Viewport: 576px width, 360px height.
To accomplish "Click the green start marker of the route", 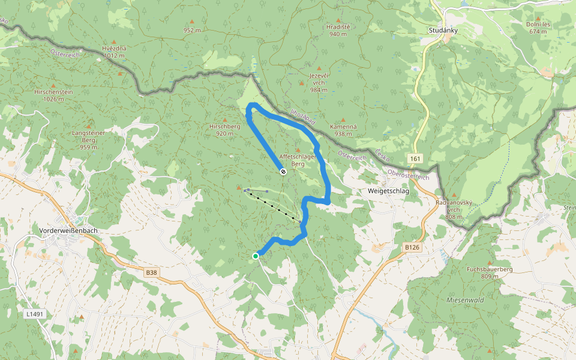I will coord(256,256).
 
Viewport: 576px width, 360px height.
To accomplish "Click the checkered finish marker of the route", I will coord(283,172).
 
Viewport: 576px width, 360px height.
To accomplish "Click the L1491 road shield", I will coord(34,314).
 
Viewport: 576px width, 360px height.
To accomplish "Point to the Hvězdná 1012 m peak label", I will coord(113,52).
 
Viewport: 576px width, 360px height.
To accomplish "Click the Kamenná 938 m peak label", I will coord(343,130).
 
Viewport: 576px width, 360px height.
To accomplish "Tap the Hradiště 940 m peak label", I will coord(338,30).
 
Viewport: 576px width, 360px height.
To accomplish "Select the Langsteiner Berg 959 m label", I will coord(88,139).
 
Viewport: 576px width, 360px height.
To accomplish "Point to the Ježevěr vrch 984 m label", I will coord(319,82).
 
